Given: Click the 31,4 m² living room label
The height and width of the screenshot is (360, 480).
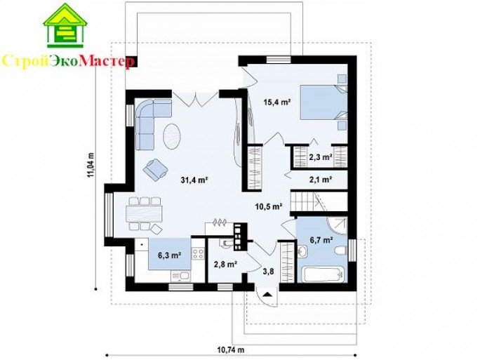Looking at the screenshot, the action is pyautogui.click(x=194, y=180).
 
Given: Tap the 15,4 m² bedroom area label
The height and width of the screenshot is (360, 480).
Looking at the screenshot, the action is pyautogui.click(x=277, y=102).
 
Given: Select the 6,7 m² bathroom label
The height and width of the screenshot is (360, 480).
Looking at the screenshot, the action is pyautogui.click(x=321, y=240).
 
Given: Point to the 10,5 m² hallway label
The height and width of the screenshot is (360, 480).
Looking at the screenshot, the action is pyautogui.click(x=269, y=206).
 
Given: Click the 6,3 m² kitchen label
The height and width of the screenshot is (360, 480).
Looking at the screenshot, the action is pyautogui.click(x=169, y=255).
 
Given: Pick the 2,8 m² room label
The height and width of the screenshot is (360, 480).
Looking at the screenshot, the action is pyautogui.click(x=225, y=264).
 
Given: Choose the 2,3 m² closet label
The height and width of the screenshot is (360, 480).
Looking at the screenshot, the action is pyautogui.click(x=321, y=157).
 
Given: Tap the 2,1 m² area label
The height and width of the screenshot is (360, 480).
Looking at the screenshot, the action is pyautogui.click(x=321, y=180).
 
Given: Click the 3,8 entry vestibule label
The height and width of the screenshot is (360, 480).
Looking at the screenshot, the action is pyautogui.click(x=268, y=272).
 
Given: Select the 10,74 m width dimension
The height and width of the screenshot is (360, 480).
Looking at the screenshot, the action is pyautogui.click(x=231, y=349).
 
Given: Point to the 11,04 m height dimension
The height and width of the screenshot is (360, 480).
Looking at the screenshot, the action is pyautogui.click(x=91, y=165).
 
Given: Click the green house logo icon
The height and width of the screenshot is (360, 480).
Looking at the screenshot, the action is pyautogui.click(x=65, y=25).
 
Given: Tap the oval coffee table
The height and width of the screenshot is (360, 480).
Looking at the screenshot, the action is pyautogui.click(x=173, y=136).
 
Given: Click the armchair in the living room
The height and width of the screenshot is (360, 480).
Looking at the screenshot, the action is pyautogui.click(x=155, y=169).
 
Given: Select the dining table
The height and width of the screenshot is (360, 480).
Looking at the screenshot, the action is pyautogui.click(x=144, y=214).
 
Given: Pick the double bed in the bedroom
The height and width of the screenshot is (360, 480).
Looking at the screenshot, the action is pyautogui.click(x=324, y=102).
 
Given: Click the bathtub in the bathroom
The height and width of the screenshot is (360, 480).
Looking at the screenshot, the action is pyautogui.click(x=324, y=274).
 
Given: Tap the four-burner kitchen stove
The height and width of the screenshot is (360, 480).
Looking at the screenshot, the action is pyautogui.click(x=198, y=254).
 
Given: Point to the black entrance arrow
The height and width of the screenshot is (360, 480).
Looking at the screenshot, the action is pyautogui.click(x=267, y=295).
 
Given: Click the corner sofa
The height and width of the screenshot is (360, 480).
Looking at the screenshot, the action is pyautogui.click(x=147, y=118).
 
